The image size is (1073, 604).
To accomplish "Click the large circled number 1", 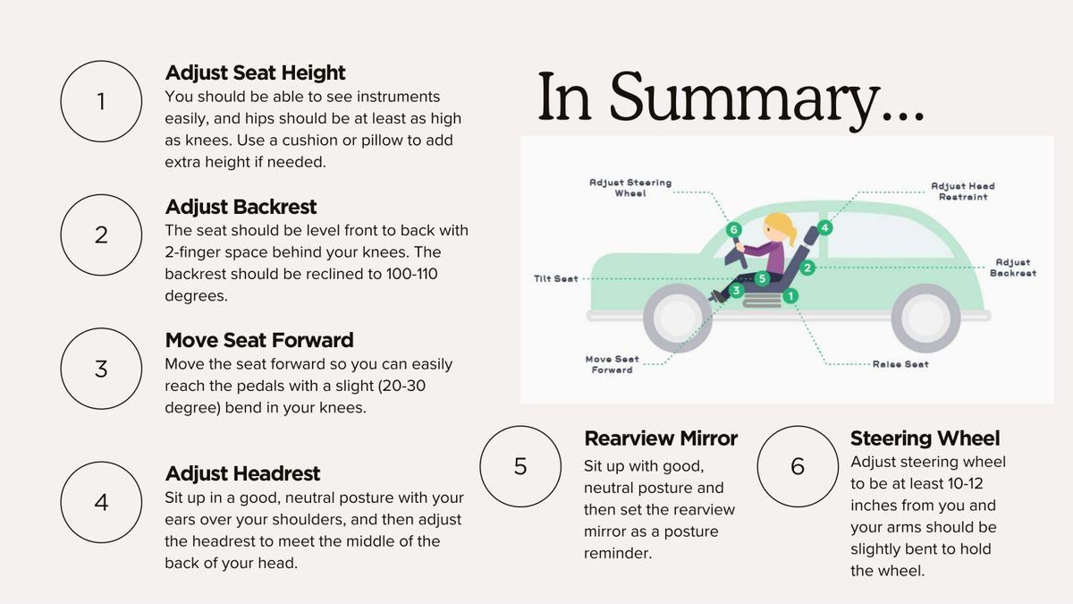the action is pos(101,101).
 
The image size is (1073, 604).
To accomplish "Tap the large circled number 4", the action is pos(101,502).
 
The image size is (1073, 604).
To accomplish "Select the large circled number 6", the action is pos(798,466).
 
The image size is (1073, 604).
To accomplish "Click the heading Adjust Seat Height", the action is pos(255,72).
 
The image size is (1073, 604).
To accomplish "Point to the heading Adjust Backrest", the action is pos(241,207).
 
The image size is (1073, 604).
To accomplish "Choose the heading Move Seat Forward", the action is pos(259,340).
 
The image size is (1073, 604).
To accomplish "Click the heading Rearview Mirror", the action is pos(661,438).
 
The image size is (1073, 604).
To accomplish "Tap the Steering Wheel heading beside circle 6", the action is pos(925,438).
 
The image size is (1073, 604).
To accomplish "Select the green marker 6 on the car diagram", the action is pos(733,230).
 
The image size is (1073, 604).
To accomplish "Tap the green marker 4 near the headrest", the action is pos(824,227).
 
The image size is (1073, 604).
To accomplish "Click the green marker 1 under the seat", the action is pos(790,296).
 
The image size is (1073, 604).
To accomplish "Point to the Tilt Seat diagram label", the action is pos(555,278).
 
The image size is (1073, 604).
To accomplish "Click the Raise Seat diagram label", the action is pos(900,364).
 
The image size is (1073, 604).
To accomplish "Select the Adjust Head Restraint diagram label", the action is pos(963,191).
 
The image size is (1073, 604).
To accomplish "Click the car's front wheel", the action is pos(678,318).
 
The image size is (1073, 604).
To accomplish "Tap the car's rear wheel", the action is pos(926,318).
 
